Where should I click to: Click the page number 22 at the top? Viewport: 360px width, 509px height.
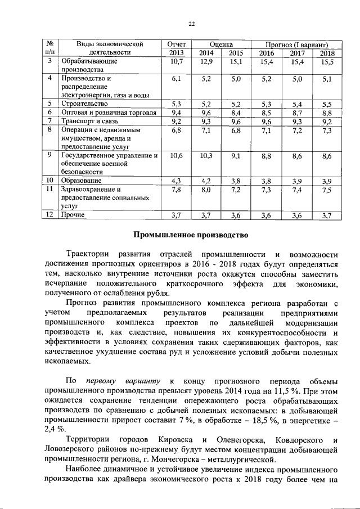191,23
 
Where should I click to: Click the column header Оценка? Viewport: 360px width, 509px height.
221,44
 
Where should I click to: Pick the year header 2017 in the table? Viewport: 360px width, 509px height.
297,53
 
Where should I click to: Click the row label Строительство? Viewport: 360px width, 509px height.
84,103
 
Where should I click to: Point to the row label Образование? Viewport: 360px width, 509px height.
82,181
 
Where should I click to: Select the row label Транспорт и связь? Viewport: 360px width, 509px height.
89,120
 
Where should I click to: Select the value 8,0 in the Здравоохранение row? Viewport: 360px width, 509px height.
206,190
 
